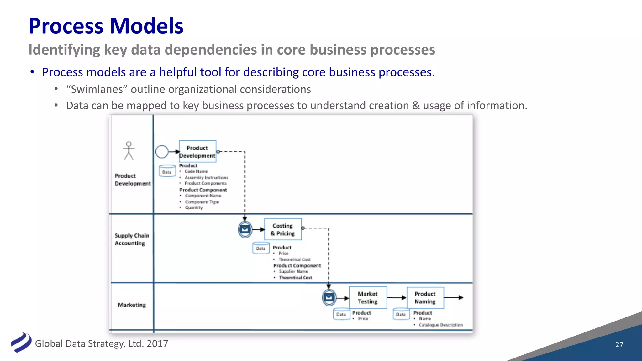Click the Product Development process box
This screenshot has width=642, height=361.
point(197,151)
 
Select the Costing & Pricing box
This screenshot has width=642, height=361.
point(283,229)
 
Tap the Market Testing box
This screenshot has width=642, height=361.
point(368,297)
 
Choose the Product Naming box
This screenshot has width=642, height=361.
point(425,297)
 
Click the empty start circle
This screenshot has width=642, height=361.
point(162,152)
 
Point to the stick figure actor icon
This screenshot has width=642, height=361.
point(129,151)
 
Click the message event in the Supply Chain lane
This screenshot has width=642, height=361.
point(245,229)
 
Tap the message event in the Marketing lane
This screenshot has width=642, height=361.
point(329,297)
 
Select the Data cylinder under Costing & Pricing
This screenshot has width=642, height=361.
point(261,248)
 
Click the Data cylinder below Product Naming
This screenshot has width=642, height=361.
point(401,314)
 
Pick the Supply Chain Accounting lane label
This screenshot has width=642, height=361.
point(132,239)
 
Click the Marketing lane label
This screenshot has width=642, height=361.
point(132,305)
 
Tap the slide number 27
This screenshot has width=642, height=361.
point(619,344)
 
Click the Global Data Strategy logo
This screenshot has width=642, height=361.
point(21,343)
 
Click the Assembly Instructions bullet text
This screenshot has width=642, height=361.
point(206,177)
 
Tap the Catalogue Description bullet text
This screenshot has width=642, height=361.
point(440,325)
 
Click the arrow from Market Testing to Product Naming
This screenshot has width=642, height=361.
point(397,297)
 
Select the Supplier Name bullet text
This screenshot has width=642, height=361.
point(293,271)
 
